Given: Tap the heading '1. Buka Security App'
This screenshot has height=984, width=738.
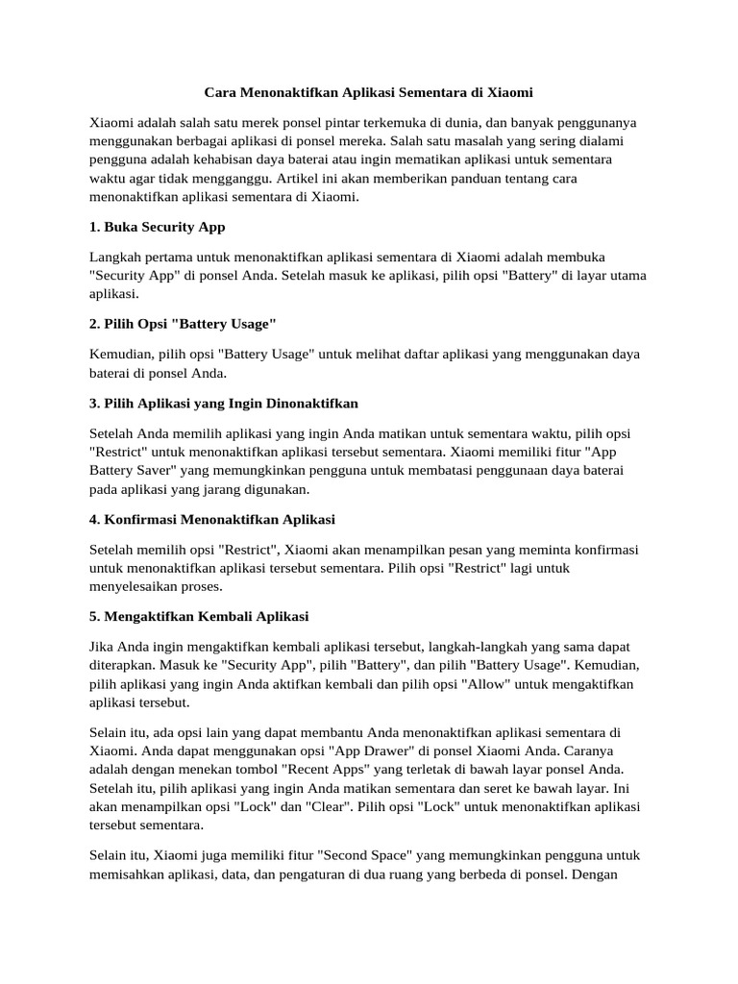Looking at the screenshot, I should click(157, 228).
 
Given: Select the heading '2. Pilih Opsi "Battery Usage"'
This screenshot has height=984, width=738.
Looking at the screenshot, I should click(183, 322).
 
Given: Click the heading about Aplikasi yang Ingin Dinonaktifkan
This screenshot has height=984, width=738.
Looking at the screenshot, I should click(223, 402).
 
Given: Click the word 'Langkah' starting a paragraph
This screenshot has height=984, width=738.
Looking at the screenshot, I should click(116, 258).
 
